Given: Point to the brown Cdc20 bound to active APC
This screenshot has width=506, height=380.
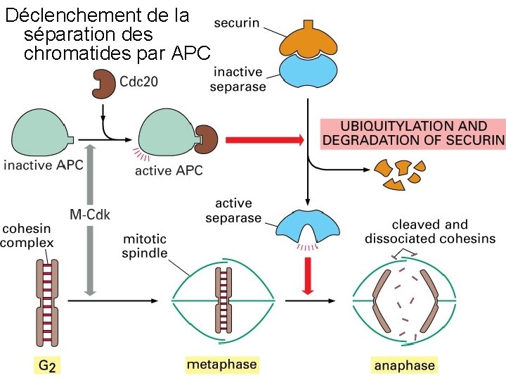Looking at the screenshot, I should (x=207, y=137).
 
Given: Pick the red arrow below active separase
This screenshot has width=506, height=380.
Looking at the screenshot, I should (x=306, y=274).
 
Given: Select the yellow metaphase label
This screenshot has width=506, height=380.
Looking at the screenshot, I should (x=221, y=365).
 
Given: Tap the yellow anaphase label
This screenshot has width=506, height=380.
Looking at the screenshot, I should (x=403, y=365).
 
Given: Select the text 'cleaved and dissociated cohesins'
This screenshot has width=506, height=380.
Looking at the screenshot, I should (x=429, y=232).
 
